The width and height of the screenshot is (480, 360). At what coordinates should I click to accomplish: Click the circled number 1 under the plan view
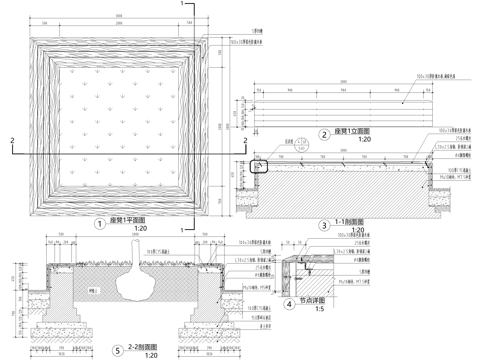99,224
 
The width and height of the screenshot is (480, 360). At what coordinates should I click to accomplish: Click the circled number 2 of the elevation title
324,134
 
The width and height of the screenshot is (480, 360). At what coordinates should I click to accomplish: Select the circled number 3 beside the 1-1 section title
324,226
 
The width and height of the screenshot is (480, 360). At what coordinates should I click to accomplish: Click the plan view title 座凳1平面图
127,220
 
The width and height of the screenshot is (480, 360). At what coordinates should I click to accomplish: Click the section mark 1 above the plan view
182,6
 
